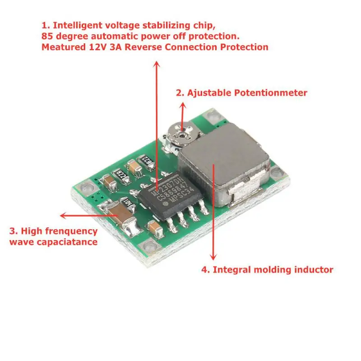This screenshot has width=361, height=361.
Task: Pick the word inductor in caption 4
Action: pyautogui.click(x=313, y=270)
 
